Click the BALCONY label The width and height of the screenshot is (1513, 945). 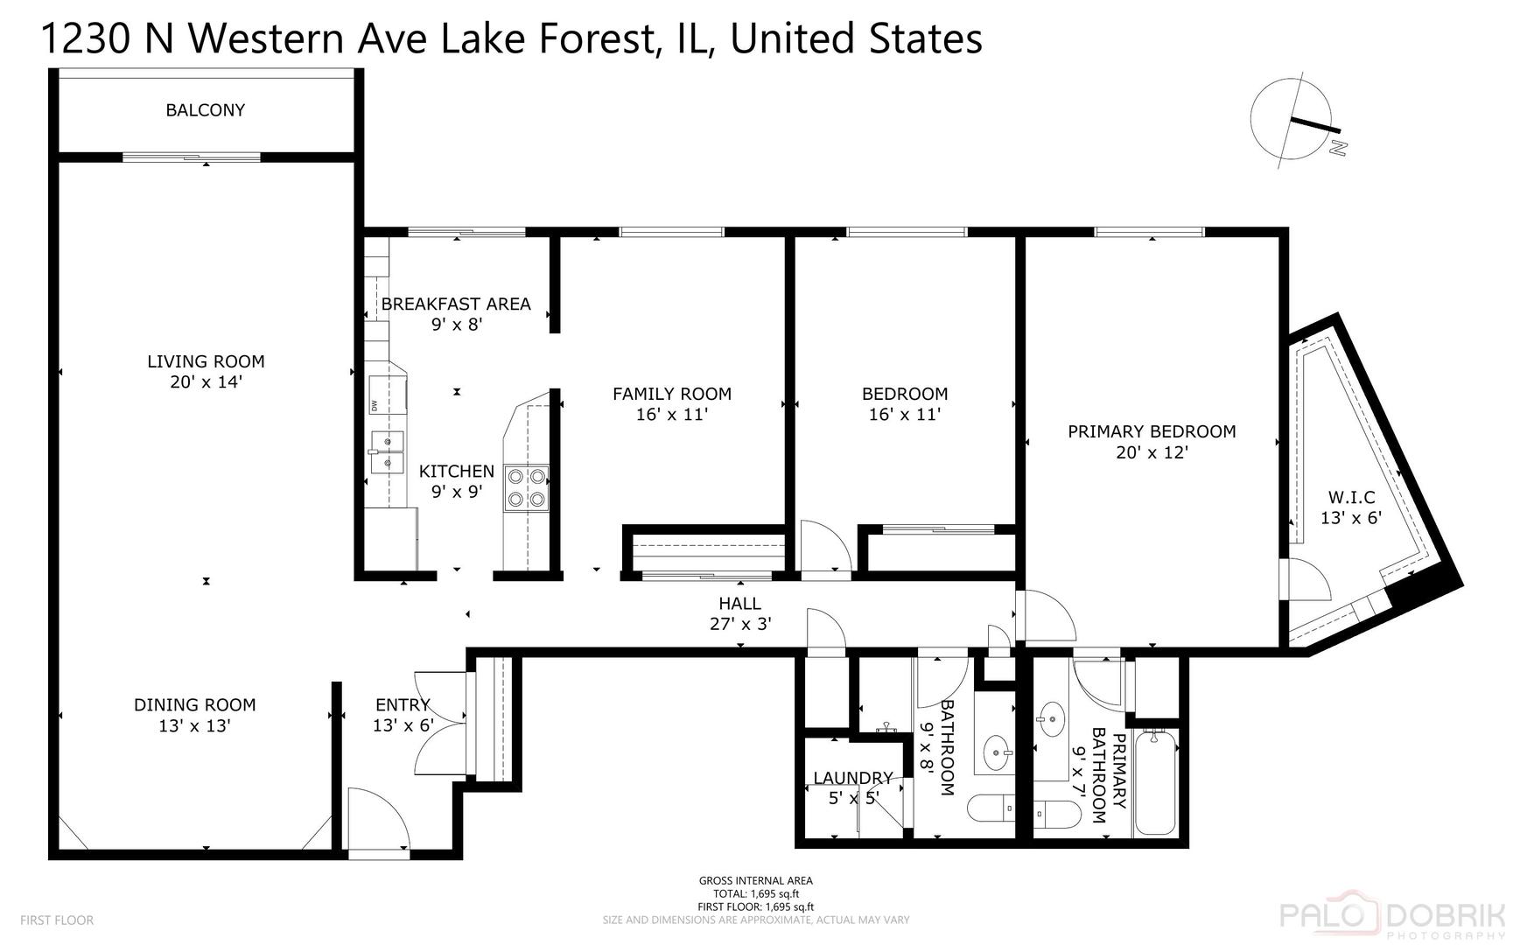205,110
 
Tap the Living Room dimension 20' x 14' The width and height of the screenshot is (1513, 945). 206,382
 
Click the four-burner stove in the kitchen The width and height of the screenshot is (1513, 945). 527,488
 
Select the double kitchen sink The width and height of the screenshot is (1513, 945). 387,451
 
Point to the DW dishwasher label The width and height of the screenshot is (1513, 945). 374,406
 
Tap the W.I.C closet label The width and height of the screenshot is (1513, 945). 1351,497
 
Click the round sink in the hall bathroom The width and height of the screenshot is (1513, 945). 996,752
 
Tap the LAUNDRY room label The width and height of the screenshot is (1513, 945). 852,778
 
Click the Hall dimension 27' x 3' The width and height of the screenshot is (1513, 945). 739,624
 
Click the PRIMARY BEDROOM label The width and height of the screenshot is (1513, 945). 1152,431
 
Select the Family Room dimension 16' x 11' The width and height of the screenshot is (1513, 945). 671,415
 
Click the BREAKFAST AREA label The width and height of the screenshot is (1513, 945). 456,304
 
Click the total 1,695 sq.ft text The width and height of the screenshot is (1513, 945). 756,894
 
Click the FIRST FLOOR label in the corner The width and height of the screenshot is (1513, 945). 56,920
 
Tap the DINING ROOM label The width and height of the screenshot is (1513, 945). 194,705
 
